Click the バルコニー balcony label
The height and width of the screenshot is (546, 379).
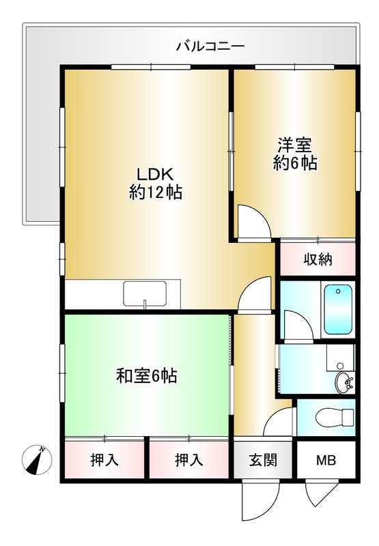(x=210, y=47)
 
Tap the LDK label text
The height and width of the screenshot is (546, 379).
(x=155, y=173)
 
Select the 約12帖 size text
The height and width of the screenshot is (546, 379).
(x=155, y=192)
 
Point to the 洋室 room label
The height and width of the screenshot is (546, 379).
(x=294, y=145)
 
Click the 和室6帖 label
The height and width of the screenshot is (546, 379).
(x=147, y=375)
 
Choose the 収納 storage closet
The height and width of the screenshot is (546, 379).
(x=318, y=259)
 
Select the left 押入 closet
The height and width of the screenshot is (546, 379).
(x=104, y=460)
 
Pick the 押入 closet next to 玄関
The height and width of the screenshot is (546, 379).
(x=188, y=460)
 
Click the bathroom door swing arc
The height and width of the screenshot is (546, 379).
(x=295, y=326)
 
